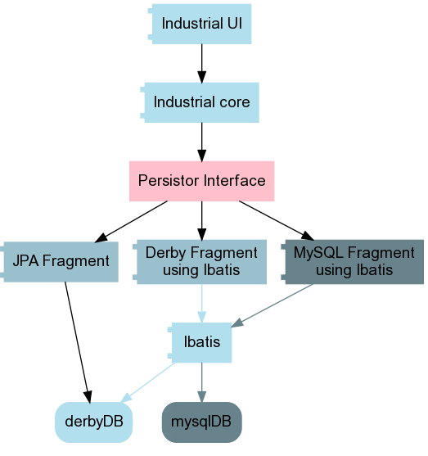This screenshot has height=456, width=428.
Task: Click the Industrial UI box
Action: click(x=200, y=24)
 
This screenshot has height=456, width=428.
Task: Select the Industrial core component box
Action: click(x=200, y=102)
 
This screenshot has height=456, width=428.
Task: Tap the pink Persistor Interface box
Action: click(x=202, y=181)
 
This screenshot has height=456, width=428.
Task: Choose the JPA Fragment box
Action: click(x=59, y=262)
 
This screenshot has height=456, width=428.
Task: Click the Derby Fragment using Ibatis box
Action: click(x=200, y=262)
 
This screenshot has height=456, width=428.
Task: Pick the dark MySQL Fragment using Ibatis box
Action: click(x=353, y=262)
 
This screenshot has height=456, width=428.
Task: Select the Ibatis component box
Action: click(x=200, y=342)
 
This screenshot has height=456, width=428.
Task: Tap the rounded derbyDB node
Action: click(x=93, y=422)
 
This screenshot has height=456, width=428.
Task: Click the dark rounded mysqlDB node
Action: click(x=202, y=422)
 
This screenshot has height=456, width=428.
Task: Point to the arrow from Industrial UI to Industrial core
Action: click(x=202, y=63)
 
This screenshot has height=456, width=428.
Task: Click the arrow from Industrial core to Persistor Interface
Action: click(x=202, y=142)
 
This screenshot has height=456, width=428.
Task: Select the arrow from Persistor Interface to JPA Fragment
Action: click(x=131, y=221)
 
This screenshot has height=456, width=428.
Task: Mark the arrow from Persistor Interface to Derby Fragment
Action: click(x=202, y=221)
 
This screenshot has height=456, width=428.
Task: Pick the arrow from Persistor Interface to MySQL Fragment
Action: click(x=277, y=220)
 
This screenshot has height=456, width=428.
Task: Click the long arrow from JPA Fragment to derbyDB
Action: click(x=78, y=342)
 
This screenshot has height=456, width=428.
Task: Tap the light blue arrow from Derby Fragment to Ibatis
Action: click(x=202, y=304)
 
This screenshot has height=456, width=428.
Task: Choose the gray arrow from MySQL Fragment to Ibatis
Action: click(x=272, y=305)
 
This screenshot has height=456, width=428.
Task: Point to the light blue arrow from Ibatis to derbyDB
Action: click(x=147, y=382)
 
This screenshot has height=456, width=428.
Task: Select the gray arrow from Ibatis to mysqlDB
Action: click(x=202, y=382)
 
